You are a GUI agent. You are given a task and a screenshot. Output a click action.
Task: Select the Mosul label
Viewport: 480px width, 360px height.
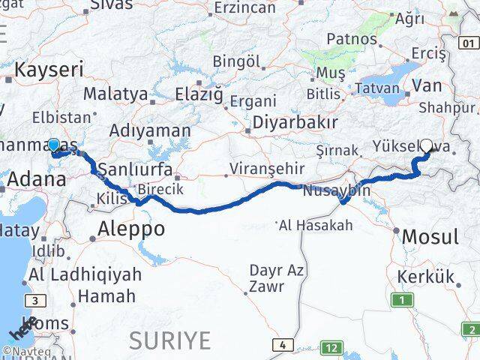pos(430,237)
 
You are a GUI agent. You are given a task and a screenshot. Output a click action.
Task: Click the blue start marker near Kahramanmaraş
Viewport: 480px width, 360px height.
pos(53,145)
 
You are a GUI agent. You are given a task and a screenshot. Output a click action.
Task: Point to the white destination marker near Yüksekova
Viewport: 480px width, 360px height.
pos(427,145)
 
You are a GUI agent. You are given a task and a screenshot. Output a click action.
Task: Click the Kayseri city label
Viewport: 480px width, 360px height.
pos(49,71)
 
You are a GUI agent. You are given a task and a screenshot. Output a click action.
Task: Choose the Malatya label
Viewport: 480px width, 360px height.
pos(115,94)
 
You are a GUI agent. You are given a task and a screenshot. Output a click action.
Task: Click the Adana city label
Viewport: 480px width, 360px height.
pos(36,179)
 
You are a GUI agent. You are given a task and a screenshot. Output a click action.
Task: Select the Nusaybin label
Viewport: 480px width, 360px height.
pos(337,190)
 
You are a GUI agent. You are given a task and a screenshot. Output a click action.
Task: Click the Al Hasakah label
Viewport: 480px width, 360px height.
pos(315,224)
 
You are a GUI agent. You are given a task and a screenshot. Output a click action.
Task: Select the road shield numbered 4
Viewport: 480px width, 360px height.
pos(282,345)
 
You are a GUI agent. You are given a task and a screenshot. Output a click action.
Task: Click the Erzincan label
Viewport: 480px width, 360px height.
pos(246,7)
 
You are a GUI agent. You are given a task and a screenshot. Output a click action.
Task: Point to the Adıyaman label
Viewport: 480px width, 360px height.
pos(150,130)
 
